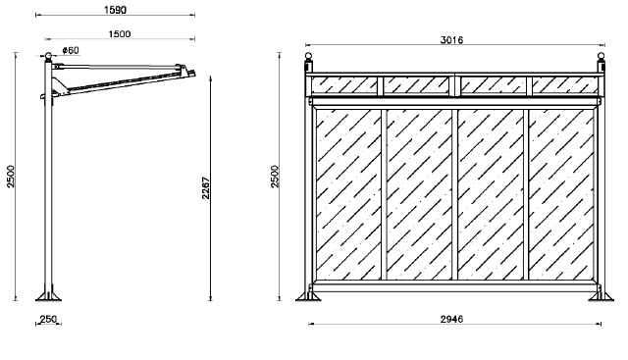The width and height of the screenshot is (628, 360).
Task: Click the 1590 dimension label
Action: click(116, 10)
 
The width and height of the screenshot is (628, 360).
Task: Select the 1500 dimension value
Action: click(120, 34)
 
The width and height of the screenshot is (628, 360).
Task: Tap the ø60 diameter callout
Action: click(71, 50)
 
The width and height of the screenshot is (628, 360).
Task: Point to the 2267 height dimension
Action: click(205, 187)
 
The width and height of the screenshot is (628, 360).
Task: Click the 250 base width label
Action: click(48, 319)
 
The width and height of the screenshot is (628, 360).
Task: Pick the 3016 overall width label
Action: click(451, 40)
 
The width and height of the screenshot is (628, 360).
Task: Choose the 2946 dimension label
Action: click(451, 319)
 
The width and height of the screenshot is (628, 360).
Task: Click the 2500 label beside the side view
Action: click(11, 177)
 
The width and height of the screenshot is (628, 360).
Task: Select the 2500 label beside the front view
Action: click(275, 177)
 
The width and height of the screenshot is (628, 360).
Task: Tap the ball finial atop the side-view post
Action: click(48, 55)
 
